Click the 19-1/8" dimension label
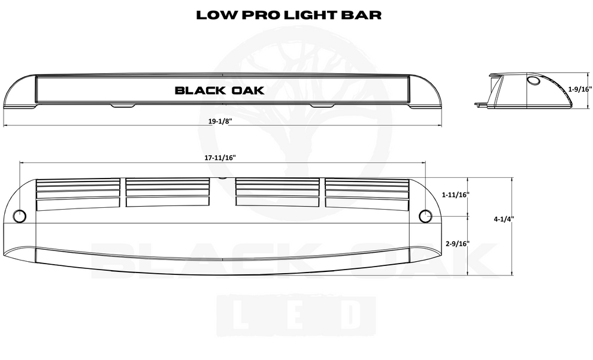pos(220,121)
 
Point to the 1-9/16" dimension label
pos(579,89)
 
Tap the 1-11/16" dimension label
pos(455,195)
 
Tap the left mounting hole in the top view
pos(19,216)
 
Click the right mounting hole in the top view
pos(426,216)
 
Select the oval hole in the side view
pos(533,82)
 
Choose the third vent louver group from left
pos(277,193)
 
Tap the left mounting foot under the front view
pos(123,106)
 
